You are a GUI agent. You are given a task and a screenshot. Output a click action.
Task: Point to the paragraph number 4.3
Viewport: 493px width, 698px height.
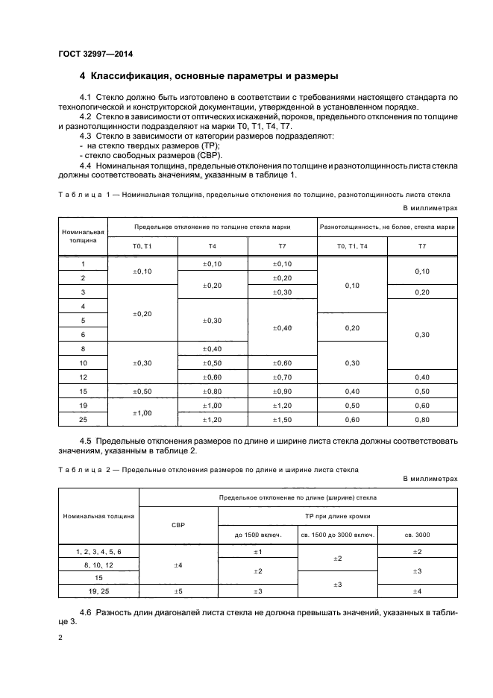[86, 136]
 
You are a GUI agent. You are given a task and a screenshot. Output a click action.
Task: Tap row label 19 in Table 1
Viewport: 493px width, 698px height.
[83, 406]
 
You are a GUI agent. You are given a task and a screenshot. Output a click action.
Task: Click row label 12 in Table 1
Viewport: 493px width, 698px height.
[83, 377]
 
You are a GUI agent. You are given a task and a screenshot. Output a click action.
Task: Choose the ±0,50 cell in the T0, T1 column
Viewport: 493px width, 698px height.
[142, 391]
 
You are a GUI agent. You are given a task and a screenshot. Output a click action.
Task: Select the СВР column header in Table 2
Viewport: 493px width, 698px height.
[178, 524]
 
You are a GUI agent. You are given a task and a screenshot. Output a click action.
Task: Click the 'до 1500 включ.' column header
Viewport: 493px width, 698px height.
[257, 535]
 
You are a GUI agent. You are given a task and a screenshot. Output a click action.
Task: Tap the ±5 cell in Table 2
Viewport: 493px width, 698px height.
[178, 591]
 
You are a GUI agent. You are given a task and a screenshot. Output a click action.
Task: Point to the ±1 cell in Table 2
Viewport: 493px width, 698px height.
[257, 551]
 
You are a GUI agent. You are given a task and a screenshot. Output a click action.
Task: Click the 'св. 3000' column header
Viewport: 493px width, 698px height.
[417, 535]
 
